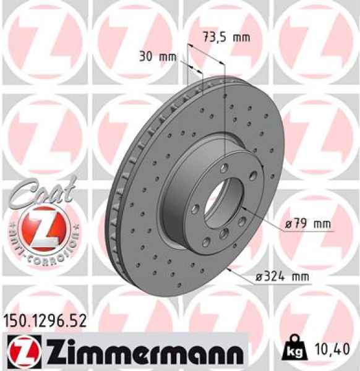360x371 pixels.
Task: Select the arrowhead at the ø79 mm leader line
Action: [243, 210]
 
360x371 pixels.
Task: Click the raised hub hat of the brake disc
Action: [186, 185]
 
